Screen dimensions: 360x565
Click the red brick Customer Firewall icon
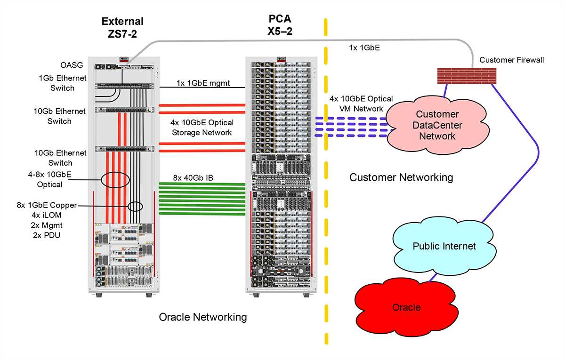tap(467, 76)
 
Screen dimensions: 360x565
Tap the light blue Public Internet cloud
tap(444, 246)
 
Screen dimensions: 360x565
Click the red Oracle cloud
tap(406, 307)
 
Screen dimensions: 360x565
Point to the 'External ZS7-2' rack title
tap(122, 27)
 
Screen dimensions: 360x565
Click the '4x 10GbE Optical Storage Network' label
tap(202, 128)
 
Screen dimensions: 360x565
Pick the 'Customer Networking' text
tap(401, 177)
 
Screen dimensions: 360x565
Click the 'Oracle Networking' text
tap(203, 317)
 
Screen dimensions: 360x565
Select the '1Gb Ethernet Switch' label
tap(57, 83)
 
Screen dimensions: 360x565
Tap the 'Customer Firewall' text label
tap(511, 60)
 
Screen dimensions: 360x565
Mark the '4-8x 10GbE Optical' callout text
tap(50, 180)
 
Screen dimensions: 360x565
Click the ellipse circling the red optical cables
tap(115, 180)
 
